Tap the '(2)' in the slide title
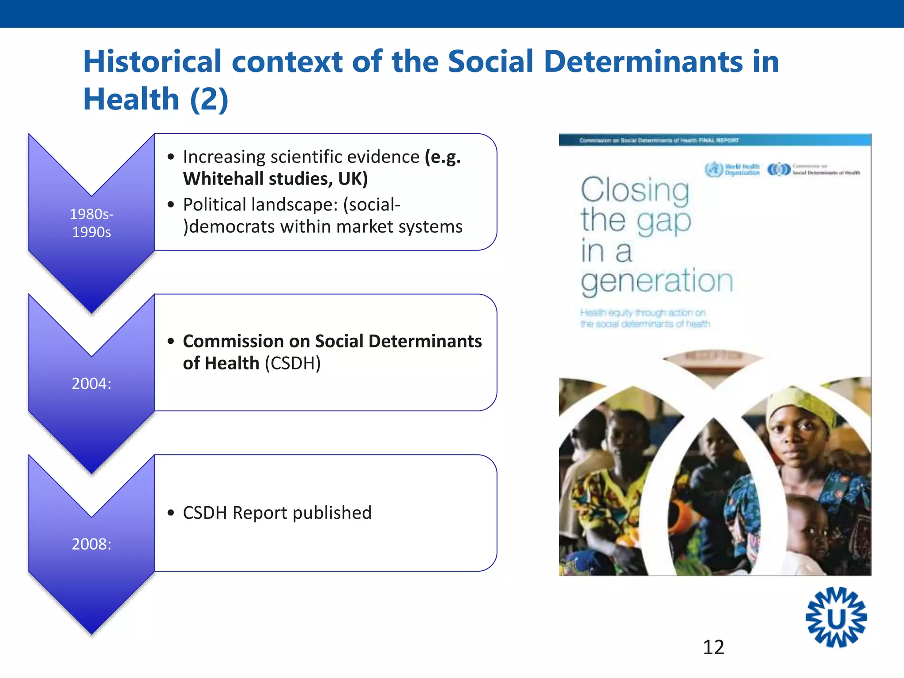click(x=209, y=99)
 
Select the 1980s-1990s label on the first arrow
click(x=91, y=223)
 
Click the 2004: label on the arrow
click(x=91, y=384)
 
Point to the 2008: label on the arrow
click(x=91, y=544)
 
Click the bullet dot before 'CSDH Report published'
click(x=171, y=513)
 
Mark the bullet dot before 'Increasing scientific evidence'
click(x=171, y=157)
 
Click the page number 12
click(x=713, y=647)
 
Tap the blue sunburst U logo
click(x=836, y=618)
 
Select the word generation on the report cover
click(x=657, y=281)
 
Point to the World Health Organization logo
click(x=732, y=169)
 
